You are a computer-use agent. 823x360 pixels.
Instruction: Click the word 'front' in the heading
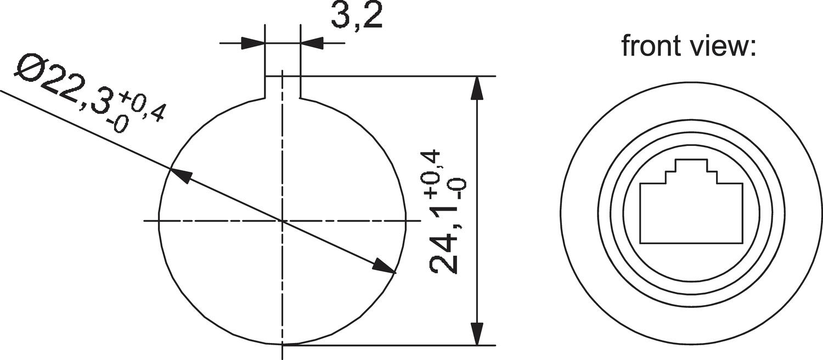649,46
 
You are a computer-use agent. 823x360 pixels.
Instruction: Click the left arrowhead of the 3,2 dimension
253,43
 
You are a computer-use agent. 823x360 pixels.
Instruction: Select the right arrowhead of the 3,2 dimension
312,43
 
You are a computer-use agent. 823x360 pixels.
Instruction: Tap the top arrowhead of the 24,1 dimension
477,88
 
